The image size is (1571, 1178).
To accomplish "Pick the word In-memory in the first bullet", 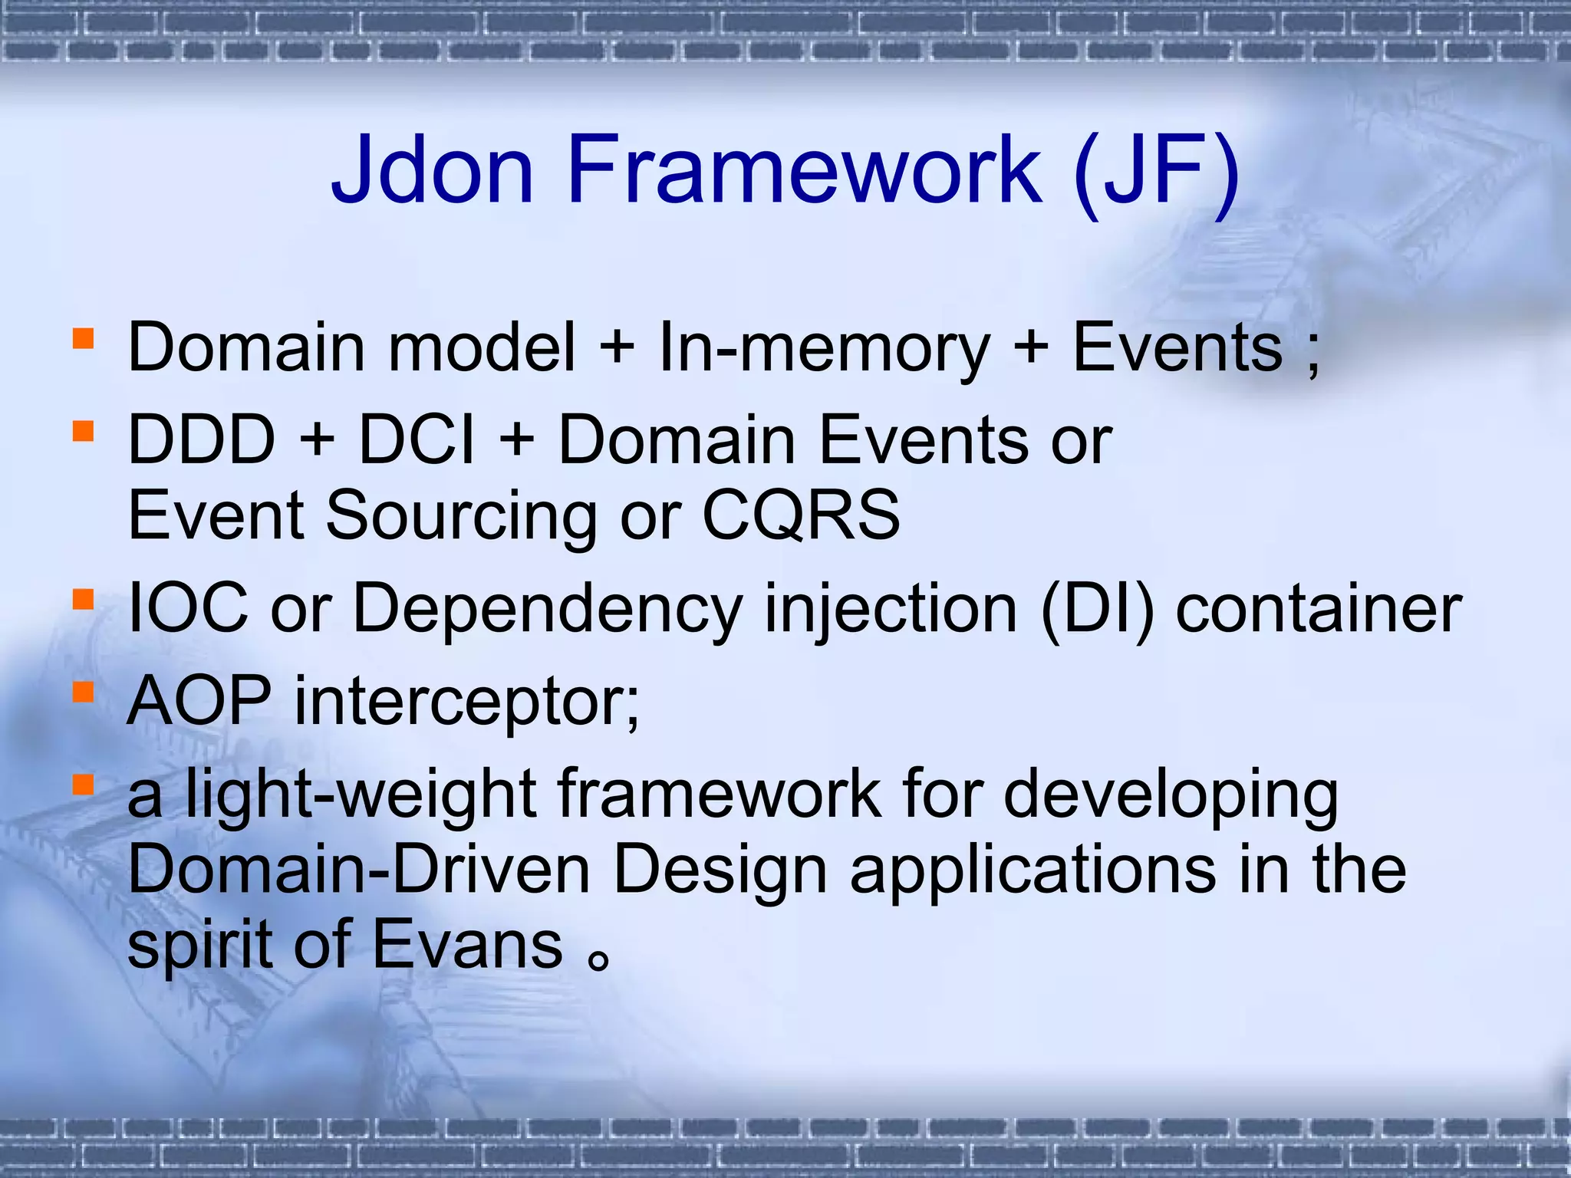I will [x=825, y=349].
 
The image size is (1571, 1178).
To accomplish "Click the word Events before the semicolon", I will [x=1177, y=347].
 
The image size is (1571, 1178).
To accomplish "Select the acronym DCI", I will [x=417, y=440].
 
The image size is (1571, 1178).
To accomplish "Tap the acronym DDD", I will [x=201, y=440].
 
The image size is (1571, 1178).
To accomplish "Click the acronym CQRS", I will [x=801, y=515].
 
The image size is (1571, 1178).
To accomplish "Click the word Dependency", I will [x=547, y=610].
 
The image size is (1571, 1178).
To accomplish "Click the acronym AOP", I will [x=199, y=701].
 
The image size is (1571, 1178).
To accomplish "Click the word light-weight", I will [x=360, y=795].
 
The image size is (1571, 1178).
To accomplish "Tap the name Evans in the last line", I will [x=468, y=945].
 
